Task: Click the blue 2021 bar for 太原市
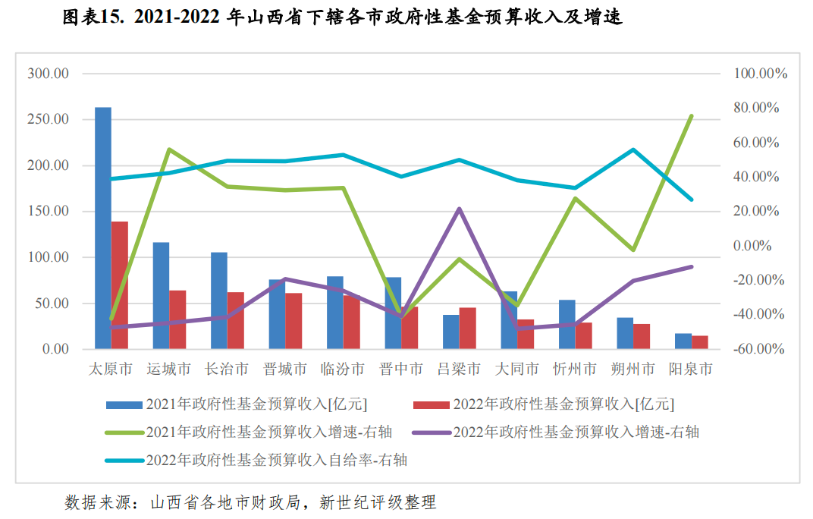(x=103, y=228)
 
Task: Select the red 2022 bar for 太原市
(x=120, y=285)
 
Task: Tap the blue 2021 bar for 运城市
(x=161, y=296)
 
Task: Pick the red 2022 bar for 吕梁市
(x=468, y=329)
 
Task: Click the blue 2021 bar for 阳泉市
(x=683, y=341)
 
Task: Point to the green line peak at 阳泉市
(x=692, y=116)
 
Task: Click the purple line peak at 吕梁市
(x=460, y=209)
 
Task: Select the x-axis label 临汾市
(x=343, y=370)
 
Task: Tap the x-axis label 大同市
(x=517, y=370)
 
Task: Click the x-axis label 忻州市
(x=575, y=370)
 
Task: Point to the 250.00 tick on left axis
(x=48, y=120)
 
